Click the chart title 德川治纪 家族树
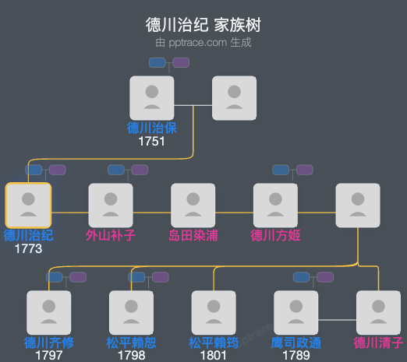[x=203, y=24]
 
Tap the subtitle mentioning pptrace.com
[x=203, y=43]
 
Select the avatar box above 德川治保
[x=152, y=97]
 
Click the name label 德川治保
[x=152, y=128]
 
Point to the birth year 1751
[x=152, y=141]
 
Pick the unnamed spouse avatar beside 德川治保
[x=234, y=97]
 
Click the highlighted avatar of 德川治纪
[x=28, y=205]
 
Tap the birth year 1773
[x=28, y=248]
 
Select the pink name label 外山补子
[x=111, y=235]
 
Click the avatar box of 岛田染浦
[x=193, y=205]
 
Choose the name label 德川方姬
[x=275, y=235]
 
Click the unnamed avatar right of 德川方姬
[x=358, y=205]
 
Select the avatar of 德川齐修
[x=49, y=312]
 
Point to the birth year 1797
[x=49, y=355]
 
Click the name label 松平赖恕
[x=131, y=343]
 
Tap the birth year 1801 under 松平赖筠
[x=214, y=355]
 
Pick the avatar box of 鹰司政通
[x=296, y=312]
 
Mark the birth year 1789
[x=296, y=355]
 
